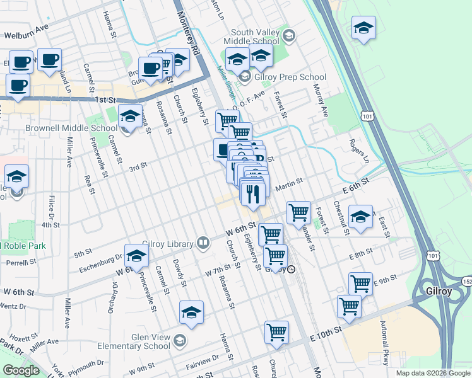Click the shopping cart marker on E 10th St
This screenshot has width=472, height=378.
pos(276,331)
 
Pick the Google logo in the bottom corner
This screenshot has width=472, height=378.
pos(21,370)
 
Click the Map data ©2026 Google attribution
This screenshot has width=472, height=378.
pos(433,373)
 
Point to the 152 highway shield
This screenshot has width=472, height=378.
pos(466,280)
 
